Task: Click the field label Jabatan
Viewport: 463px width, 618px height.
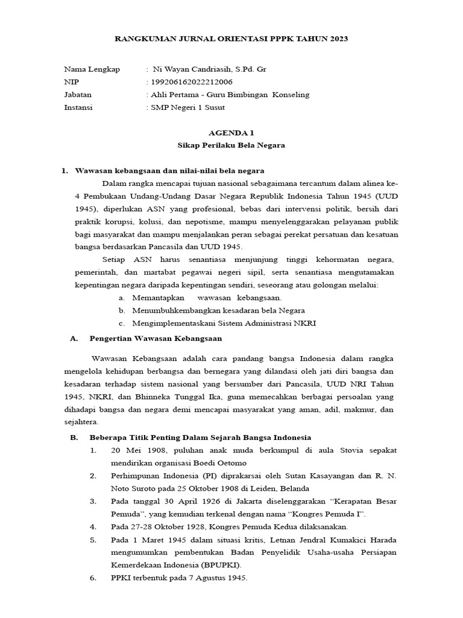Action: (78, 95)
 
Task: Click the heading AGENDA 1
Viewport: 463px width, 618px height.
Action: (231, 132)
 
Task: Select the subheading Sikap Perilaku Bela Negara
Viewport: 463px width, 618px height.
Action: (231, 145)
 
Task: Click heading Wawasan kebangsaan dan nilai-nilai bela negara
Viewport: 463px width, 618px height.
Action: (169, 171)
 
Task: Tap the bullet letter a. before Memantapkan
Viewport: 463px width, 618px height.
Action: (122, 298)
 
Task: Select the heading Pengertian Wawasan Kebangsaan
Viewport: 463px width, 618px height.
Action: (156, 339)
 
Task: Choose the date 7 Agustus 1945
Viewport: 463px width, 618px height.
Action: (218, 577)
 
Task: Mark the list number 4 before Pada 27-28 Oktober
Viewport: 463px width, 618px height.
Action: (93, 526)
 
